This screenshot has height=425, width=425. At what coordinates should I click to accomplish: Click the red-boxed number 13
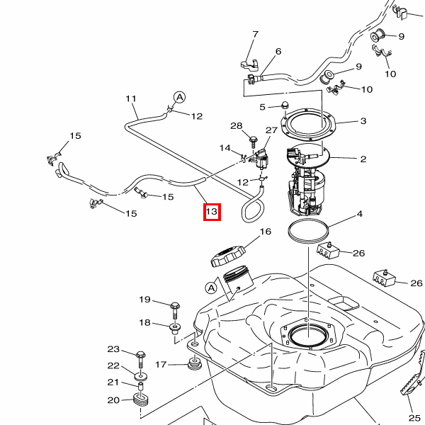click(212, 212)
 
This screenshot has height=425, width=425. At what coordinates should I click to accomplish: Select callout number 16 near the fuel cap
click(266, 232)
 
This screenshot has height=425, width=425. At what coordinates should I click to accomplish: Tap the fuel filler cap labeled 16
click(227, 255)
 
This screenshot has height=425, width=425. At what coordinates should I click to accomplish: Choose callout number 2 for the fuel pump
click(363, 159)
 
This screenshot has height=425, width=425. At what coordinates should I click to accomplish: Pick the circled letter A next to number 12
click(179, 97)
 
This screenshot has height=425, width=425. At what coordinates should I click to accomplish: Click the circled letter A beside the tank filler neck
click(211, 288)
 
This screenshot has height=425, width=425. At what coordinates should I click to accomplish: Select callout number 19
click(144, 299)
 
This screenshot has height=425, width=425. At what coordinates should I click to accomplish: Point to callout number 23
click(114, 349)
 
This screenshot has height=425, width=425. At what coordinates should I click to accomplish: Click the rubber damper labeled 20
click(140, 399)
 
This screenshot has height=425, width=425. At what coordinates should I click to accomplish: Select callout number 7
click(255, 34)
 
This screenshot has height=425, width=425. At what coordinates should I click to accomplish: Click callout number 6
click(278, 51)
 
